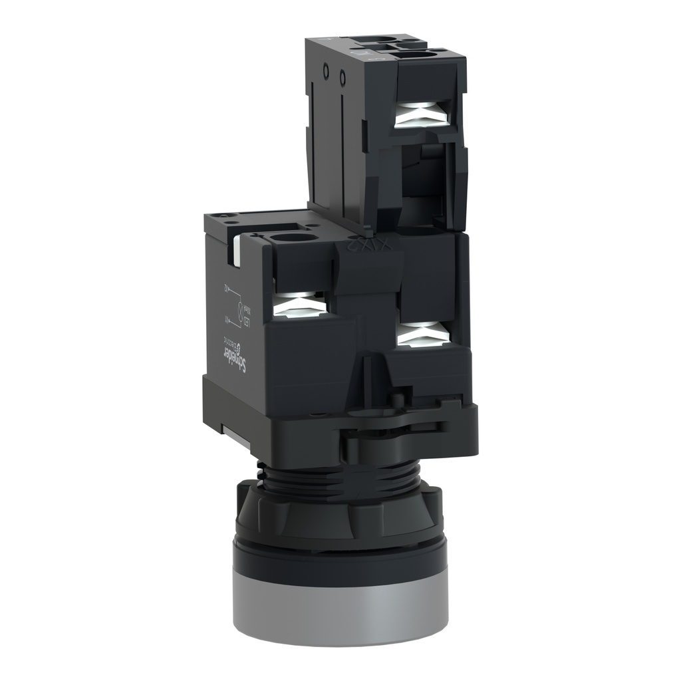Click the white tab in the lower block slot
pos(236,251)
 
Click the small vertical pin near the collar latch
pos(397,399)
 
